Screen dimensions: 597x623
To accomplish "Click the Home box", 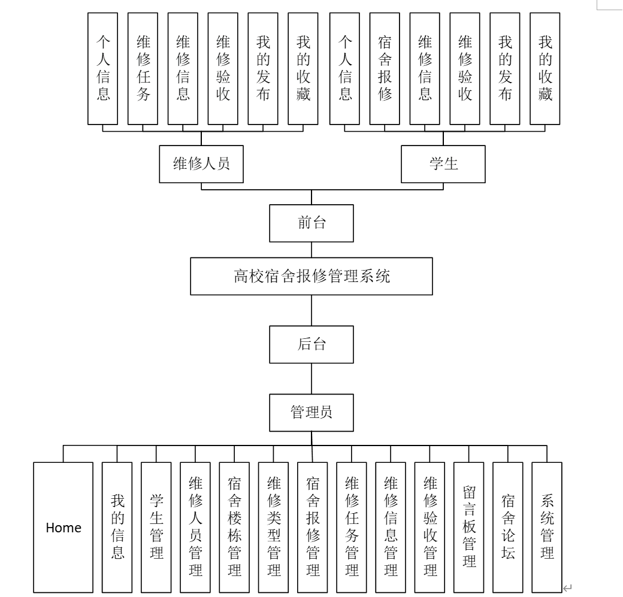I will (63, 528).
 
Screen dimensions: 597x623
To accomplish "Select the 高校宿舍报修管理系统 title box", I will (311, 276).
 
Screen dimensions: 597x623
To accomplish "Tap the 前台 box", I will (311, 223).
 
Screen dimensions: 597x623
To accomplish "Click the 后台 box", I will (311, 344).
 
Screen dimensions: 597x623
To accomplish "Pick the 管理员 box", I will (311, 412).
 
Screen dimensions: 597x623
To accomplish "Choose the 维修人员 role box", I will (201, 163).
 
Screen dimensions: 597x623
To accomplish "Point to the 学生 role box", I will (443, 163).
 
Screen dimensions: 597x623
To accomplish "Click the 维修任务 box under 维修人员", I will (143, 68).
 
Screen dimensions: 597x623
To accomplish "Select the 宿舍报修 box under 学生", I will (385, 68).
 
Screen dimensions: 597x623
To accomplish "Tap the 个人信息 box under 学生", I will (344, 68).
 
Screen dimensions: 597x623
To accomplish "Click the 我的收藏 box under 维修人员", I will (303, 68).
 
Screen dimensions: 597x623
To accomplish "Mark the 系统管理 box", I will (547, 528).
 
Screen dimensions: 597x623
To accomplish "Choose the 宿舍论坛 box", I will (507, 528).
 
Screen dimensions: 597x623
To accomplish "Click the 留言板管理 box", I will (469, 528).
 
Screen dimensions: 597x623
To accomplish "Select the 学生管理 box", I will (156, 528).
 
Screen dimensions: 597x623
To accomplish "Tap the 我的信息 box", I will (117, 528).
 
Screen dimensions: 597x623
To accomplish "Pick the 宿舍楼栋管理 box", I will (234, 528).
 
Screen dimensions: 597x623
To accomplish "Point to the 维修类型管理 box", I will (274, 528).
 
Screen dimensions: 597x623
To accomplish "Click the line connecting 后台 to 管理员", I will (311, 378).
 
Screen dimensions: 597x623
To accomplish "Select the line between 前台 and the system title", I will (311, 249).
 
